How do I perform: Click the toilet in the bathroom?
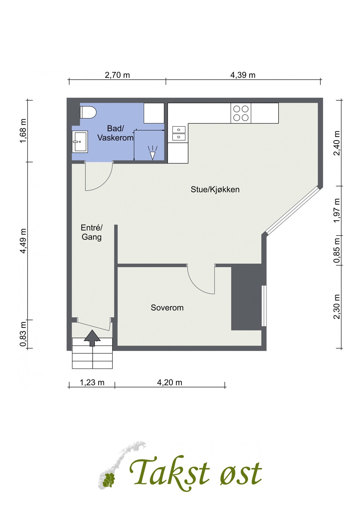[x=88, y=113]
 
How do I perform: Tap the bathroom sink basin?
[x=80, y=141]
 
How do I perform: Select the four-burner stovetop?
[x=241, y=113]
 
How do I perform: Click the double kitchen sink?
[x=179, y=133]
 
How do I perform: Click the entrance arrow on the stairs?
[x=92, y=338]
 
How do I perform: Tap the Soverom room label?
[x=167, y=308]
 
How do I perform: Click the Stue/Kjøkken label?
[x=215, y=189]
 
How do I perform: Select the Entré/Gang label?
[x=92, y=232]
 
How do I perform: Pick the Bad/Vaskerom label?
[x=115, y=133]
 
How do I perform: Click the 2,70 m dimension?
[x=117, y=75]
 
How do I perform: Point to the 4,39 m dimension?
[x=243, y=75]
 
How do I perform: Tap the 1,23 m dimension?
[x=92, y=383]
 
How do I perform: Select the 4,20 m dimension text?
[x=170, y=383]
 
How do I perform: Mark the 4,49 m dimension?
[x=23, y=241]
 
